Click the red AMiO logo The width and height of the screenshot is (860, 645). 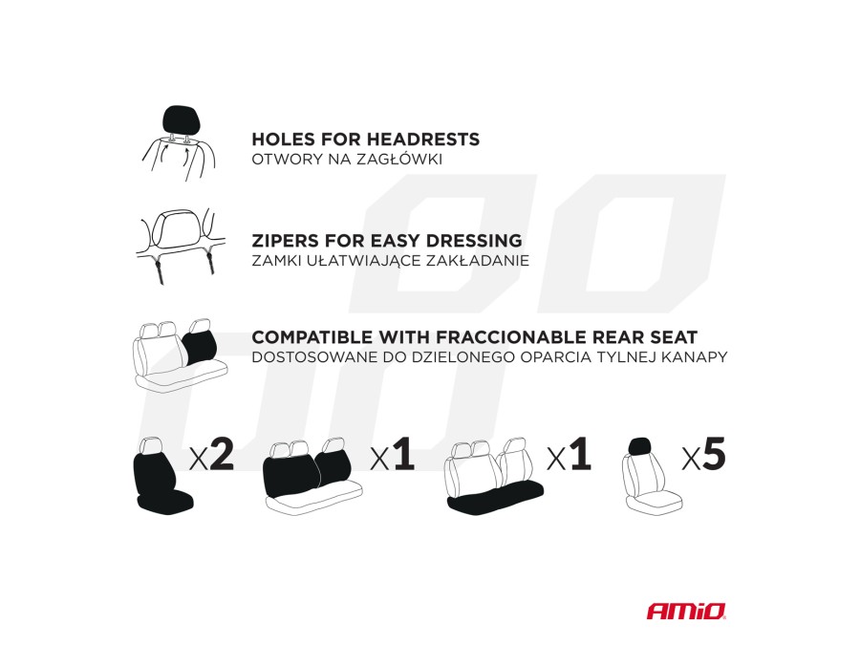686,611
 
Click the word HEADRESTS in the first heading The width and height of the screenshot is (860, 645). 423,140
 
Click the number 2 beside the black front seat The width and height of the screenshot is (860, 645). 221,454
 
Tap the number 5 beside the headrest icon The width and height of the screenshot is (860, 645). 714,454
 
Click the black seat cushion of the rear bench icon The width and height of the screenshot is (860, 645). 495,498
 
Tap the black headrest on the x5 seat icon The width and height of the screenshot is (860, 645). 639,447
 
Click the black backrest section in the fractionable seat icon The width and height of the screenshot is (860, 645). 201,347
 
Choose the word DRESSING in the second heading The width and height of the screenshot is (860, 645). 474,241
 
